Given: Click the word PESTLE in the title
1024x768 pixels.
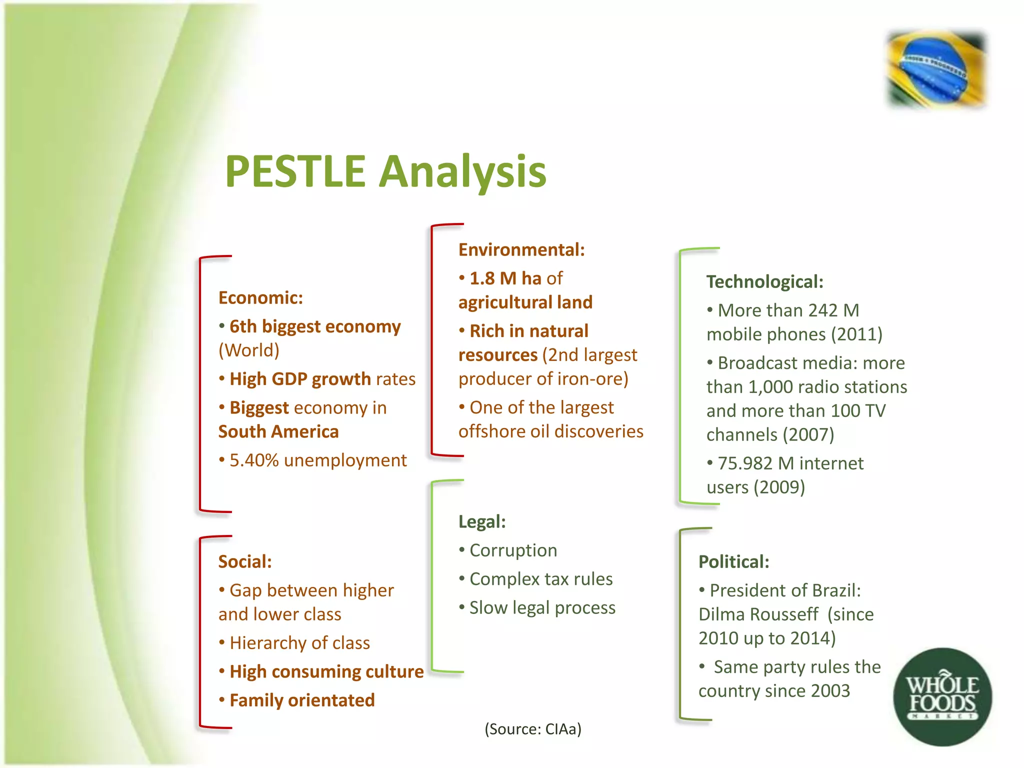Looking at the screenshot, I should [295, 171].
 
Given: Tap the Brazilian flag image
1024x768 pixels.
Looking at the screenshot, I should [935, 69].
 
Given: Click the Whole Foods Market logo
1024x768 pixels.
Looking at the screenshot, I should [942, 696].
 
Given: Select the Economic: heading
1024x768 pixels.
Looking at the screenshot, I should [260, 298].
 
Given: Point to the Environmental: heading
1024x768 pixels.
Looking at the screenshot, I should [521, 249].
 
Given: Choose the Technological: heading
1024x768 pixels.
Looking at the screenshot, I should [764, 281].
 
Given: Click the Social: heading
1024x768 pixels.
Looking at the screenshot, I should [244, 561].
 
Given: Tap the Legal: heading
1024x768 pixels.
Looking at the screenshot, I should [482, 521].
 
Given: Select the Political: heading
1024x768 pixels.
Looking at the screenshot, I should [733, 561].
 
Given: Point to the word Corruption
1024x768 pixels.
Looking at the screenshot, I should [513, 550].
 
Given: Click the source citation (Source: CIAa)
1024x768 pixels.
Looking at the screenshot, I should [533, 729].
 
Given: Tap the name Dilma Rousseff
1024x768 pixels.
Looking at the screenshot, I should [758, 614].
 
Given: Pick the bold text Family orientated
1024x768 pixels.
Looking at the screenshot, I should [302, 700].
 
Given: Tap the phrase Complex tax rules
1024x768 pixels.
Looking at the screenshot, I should [541, 578].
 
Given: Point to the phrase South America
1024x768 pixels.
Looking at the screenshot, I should [278, 431].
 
